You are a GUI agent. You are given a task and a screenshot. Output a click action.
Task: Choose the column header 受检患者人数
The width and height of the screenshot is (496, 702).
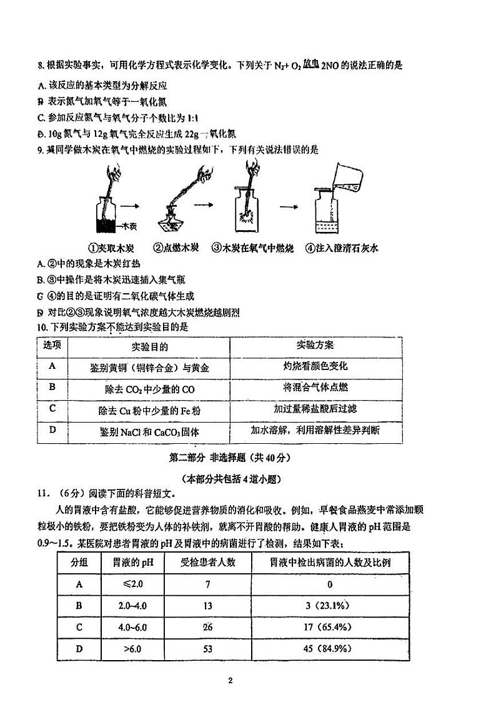tap(207, 562)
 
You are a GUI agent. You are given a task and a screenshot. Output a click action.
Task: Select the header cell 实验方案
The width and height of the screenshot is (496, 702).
tap(315, 346)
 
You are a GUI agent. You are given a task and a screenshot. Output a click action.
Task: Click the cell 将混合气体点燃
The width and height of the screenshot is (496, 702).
tap(315, 388)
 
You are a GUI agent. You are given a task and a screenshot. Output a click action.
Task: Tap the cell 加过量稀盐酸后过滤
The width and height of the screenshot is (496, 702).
tap(315, 409)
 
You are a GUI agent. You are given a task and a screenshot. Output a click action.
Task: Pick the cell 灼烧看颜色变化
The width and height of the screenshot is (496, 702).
tap(315, 366)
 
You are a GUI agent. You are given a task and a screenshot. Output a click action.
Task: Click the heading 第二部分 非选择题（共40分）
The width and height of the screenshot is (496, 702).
tap(231, 457)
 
